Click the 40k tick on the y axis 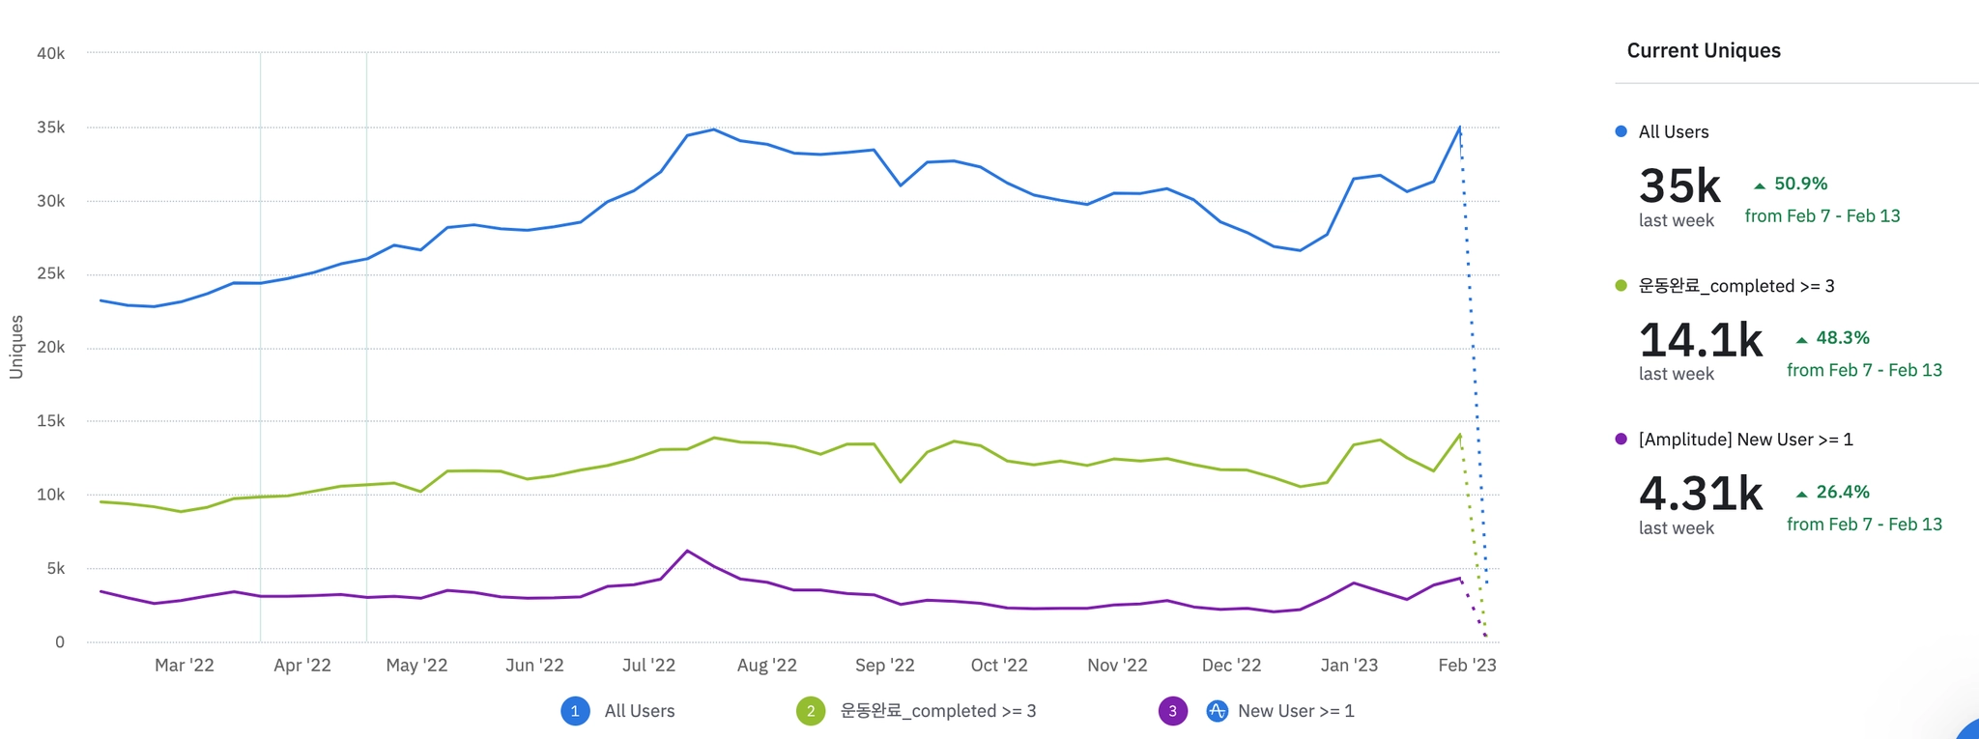pyautogui.click(x=50, y=53)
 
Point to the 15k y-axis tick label pyautogui.click(x=50, y=421)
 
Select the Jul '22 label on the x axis pyautogui.click(x=648, y=665)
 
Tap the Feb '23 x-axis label pyautogui.click(x=1467, y=665)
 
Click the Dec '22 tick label pyautogui.click(x=1231, y=665)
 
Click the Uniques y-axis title pyautogui.click(x=16, y=347)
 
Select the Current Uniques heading pyautogui.click(x=1703, y=50)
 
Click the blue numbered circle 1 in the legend pyautogui.click(x=575, y=711)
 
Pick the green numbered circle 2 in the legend pyautogui.click(x=811, y=711)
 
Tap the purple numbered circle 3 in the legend pyautogui.click(x=1172, y=711)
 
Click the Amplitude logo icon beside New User pyautogui.click(x=1217, y=711)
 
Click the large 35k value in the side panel pyautogui.click(x=1679, y=185)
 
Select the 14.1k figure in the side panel pyautogui.click(x=1701, y=339)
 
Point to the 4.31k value pyautogui.click(x=1701, y=493)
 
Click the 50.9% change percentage pyautogui.click(x=1800, y=184)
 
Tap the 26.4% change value pyautogui.click(x=1842, y=492)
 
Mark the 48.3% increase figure pyautogui.click(x=1842, y=338)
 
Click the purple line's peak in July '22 pyautogui.click(x=687, y=551)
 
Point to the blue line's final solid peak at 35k pyautogui.click(x=1459, y=128)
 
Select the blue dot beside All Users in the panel pyautogui.click(x=1620, y=131)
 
